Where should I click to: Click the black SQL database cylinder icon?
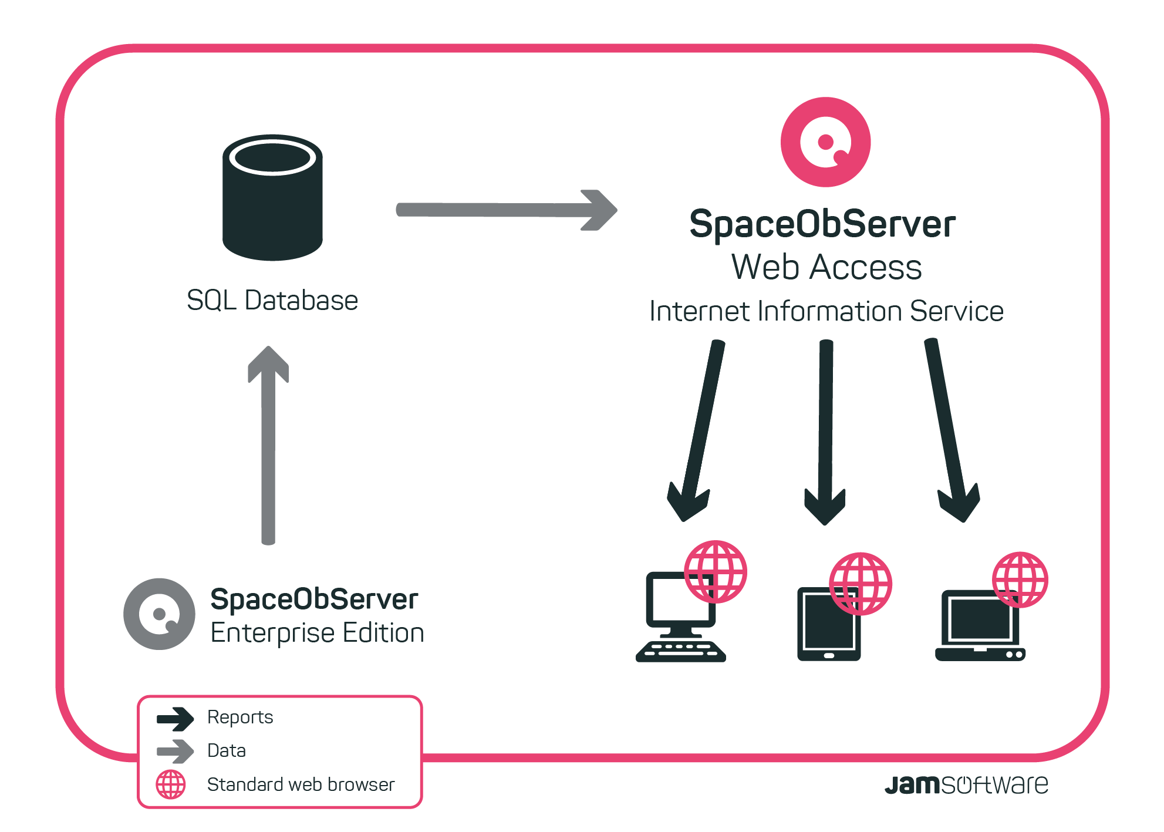tap(272, 200)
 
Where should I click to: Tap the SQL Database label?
tap(272, 301)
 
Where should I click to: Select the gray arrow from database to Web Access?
tap(505, 210)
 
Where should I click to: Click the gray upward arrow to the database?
tap(268, 446)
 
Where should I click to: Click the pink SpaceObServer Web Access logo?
tap(825, 142)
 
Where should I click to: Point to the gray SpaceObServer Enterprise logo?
tap(159, 614)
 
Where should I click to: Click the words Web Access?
tap(826, 268)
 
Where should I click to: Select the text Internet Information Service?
tap(826, 311)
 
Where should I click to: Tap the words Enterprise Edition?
tap(317, 633)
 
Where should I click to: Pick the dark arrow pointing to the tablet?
tap(825, 429)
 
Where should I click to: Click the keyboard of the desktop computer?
tap(681, 651)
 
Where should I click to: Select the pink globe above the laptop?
tap(1020, 580)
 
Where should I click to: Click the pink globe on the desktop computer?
tap(716, 571)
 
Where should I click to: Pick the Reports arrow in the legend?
tap(175, 719)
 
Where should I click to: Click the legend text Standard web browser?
tap(301, 784)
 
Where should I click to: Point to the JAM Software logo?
tap(966, 784)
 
